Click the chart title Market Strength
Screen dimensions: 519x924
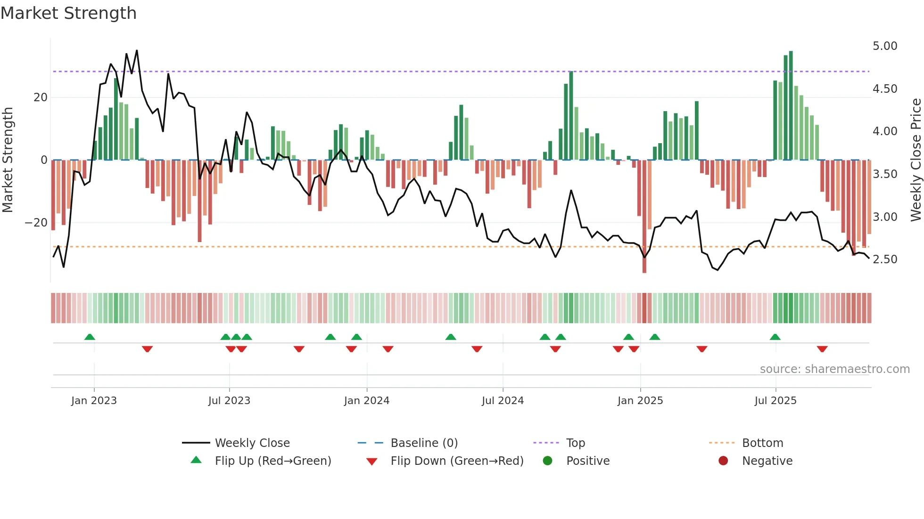click(x=69, y=13)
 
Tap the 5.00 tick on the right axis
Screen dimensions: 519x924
click(x=884, y=46)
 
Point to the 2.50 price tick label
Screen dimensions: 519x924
click(x=884, y=259)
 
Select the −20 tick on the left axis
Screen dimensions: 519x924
click(x=36, y=222)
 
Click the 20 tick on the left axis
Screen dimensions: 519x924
click(x=41, y=97)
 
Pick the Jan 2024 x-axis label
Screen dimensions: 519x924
click(x=367, y=401)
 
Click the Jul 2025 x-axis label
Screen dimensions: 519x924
click(x=775, y=401)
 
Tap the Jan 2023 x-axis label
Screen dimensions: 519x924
click(x=94, y=401)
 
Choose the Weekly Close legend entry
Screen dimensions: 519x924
click(x=252, y=443)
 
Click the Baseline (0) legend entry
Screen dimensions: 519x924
click(x=424, y=443)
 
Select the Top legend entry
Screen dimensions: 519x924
click(x=575, y=443)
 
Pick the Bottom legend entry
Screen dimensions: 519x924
click(x=762, y=443)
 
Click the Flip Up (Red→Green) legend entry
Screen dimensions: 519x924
click(x=273, y=461)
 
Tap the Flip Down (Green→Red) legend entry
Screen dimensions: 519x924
click(x=457, y=461)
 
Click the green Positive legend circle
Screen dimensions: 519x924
click(x=547, y=461)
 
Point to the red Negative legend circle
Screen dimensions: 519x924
click(x=723, y=461)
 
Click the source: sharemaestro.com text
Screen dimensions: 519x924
click(x=834, y=369)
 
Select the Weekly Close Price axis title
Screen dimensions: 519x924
click(x=916, y=160)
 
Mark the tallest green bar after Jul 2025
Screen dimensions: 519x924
click(x=791, y=106)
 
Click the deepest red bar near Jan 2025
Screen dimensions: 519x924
click(x=644, y=217)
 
